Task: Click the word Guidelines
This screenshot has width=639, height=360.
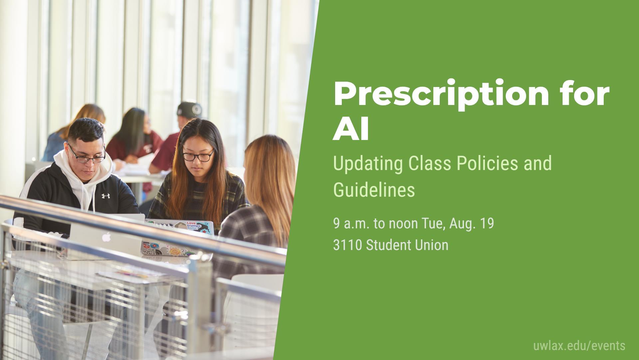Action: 374,190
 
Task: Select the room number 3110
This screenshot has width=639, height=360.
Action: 347,245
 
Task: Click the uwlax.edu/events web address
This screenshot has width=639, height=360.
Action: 579,346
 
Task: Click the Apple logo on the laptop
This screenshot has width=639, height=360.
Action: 106,237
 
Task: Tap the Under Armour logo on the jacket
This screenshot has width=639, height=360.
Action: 106,196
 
